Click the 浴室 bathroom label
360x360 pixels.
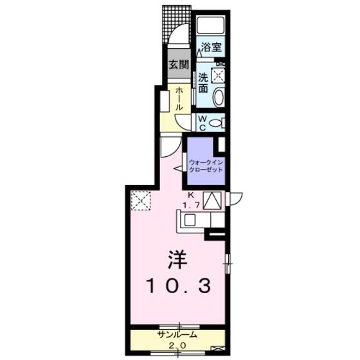pyautogui.click(x=212, y=47)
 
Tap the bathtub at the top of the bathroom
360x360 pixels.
pyautogui.click(x=211, y=26)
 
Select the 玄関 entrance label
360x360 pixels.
pyautogui.click(x=179, y=64)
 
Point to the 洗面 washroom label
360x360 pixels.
pyautogui.click(x=203, y=83)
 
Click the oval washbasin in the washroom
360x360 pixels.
pyautogui.click(x=219, y=97)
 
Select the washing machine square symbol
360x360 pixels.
pyautogui.click(x=218, y=75)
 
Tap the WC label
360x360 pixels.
pyautogui.click(x=203, y=123)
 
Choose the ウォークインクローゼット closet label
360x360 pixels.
pyautogui.click(x=206, y=166)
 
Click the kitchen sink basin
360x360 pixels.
pyautogui.click(x=190, y=220)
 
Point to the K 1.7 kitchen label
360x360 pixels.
pyautogui.click(x=192, y=200)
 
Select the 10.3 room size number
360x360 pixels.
pyautogui.click(x=179, y=285)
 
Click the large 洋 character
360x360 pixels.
pyautogui.click(x=177, y=260)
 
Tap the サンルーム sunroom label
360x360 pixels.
pyautogui.click(x=177, y=334)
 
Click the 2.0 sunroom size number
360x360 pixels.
pyautogui.click(x=177, y=345)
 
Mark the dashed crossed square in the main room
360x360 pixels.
pyautogui.click(x=141, y=201)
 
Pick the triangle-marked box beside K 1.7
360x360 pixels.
pyautogui.click(x=212, y=201)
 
